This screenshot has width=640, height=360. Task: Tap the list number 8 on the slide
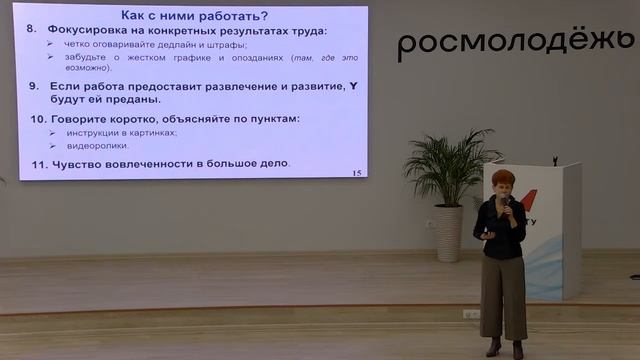click(x=33, y=31)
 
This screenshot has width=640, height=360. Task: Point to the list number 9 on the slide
click(x=33, y=87)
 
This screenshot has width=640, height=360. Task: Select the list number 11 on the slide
click(x=37, y=163)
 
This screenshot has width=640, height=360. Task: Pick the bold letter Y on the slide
click(x=352, y=87)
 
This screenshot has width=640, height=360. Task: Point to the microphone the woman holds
click(x=505, y=203)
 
